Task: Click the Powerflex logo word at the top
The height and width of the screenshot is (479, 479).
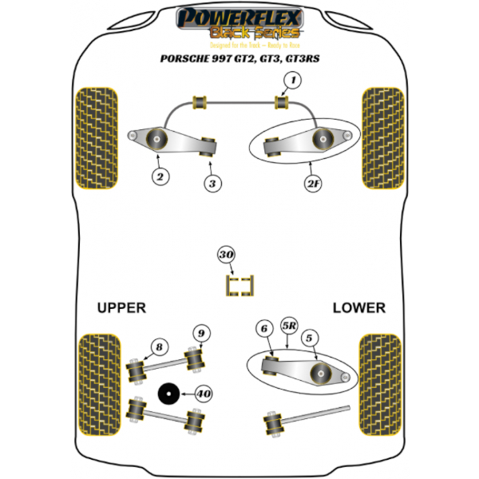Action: click(239, 16)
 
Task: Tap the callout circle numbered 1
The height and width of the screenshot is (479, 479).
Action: click(292, 80)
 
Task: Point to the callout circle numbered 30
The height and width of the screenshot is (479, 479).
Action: click(227, 255)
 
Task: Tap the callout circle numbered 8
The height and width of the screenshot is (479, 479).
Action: click(160, 346)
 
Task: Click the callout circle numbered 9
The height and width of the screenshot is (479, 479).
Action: click(201, 332)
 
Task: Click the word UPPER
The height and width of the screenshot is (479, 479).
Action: click(121, 307)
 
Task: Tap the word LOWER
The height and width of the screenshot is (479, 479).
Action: click(358, 307)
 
